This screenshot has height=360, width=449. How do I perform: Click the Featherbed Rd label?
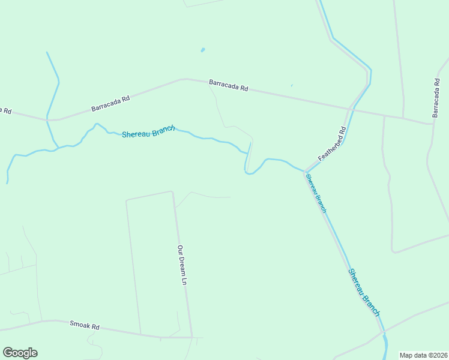(333, 143)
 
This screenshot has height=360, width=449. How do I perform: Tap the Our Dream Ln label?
(182, 265)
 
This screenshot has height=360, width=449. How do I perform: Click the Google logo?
(20, 353)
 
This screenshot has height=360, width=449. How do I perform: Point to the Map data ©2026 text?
(424, 355)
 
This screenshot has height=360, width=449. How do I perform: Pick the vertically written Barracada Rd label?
(436, 97)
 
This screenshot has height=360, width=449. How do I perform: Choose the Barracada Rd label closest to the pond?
(228, 85)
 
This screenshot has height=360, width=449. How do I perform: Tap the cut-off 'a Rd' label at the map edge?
(5, 110)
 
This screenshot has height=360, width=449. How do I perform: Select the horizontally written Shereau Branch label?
(148, 131)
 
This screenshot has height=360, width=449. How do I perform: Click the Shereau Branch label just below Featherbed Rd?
(315, 193)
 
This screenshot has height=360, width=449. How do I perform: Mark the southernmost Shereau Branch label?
(364, 292)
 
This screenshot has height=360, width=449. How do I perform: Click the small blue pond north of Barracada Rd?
(203, 50)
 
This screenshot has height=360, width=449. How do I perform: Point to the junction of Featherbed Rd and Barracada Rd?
(351, 109)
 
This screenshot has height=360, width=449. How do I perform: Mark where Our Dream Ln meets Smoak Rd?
(192, 337)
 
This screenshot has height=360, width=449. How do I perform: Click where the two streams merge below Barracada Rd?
(58, 147)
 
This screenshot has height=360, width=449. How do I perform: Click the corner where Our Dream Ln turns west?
(172, 192)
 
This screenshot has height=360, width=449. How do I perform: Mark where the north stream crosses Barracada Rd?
(47, 119)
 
